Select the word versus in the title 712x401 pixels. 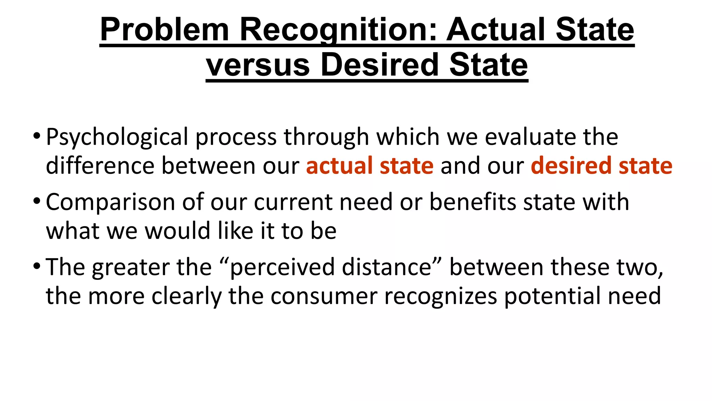click(x=258, y=65)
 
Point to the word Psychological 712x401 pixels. click(x=117, y=137)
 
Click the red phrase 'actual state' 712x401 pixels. click(x=370, y=165)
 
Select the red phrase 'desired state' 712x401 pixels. click(x=601, y=165)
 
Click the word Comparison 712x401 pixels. click(x=110, y=202)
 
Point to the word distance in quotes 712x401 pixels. click(x=386, y=267)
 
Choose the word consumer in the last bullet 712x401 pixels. click(x=324, y=296)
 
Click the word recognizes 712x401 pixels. click(x=440, y=296)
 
